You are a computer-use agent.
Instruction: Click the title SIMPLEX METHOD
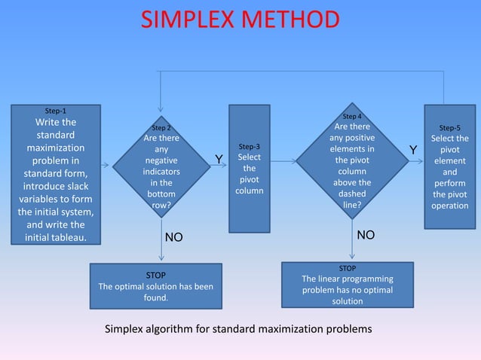point(240,20)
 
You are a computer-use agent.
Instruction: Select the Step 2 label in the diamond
point(161,128)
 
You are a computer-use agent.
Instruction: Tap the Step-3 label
point(249,146)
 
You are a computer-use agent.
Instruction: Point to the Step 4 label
point(352,117)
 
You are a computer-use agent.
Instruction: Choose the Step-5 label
point(449,128)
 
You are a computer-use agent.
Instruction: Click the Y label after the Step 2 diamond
point(219,159)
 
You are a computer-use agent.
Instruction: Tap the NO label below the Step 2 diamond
point(174,237)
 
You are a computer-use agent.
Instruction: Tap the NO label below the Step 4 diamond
point(366,235)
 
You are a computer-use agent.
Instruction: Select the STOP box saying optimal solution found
point(155,286)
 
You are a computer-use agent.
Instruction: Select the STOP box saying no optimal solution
point(348,284)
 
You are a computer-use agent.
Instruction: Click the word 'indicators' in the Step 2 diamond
point(161,171)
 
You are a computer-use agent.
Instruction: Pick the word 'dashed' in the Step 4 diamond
point(352,193)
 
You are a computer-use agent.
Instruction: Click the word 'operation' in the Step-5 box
point(450,205)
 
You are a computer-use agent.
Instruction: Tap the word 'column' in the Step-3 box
point(249,191)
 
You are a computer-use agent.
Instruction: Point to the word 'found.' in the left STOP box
point(155,297)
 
